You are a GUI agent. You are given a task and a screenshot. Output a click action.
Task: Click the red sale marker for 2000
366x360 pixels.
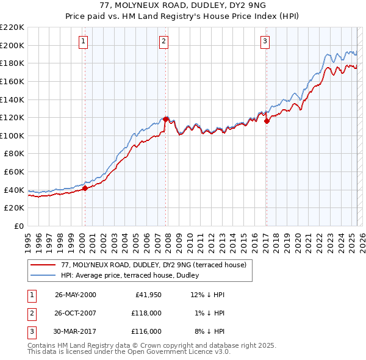(x=85, y=188)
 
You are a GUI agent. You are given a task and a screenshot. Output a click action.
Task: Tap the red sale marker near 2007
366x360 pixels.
(x=165, y=119)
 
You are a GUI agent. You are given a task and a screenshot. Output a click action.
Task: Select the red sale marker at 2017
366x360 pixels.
(x=267, y=121)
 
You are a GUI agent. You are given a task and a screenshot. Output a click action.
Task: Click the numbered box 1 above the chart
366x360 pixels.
(x=82, y=41)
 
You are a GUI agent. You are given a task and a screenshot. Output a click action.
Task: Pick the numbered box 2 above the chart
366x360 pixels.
(x=164, y=41)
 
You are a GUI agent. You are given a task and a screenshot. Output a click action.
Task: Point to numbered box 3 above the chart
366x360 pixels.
(x=265, y=41)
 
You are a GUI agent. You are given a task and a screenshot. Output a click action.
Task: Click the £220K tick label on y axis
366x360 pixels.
(x=12, y=27)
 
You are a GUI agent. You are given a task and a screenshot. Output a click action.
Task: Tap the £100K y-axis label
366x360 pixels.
(x=12, y=135)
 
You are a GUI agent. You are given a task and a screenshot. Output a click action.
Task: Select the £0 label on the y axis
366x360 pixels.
(x=19, y=226)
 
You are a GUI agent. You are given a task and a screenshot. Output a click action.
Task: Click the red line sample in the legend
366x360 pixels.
(x=43, y=265)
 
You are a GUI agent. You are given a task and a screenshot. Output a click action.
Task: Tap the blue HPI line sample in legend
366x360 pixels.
(x=43, y=275)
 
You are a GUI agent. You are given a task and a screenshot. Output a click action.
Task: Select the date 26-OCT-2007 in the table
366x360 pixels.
(x=75, y=313)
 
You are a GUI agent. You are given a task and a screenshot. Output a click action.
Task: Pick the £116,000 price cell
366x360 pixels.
(x=146, y=331)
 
